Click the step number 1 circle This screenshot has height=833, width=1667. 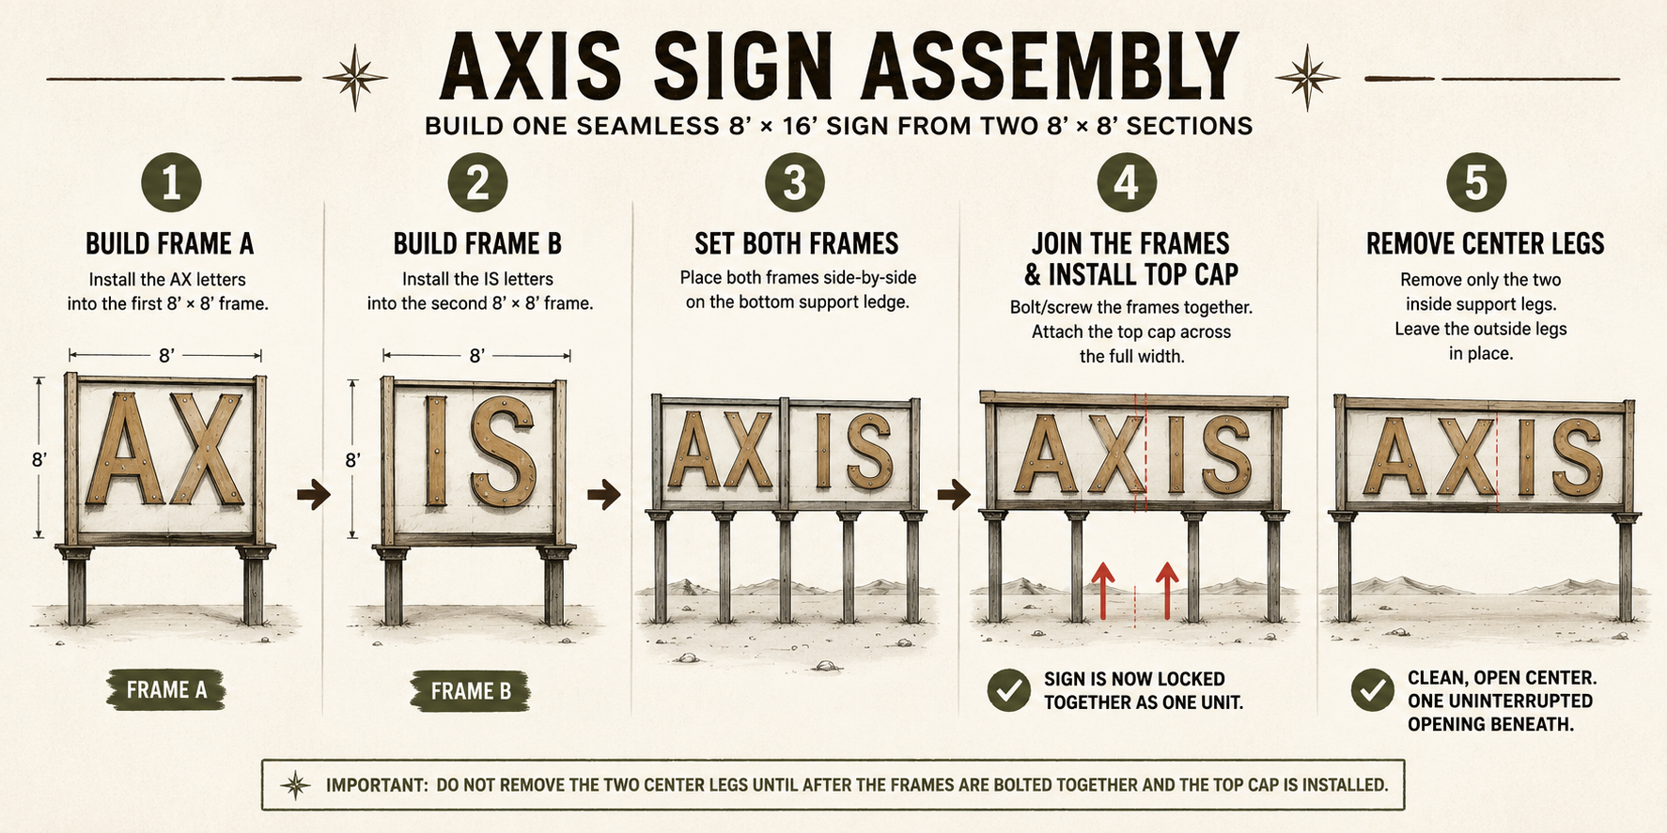coord(171,181)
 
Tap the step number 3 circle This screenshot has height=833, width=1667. coord(795,181)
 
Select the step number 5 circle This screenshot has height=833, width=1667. coord(1476,181)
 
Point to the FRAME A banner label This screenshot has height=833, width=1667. coord(166,690)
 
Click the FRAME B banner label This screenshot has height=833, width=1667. coord(471,691)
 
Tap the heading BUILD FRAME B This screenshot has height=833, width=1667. coord(477,244)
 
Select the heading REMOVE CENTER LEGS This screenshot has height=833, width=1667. coord(1485,244)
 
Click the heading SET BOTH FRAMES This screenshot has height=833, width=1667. coord(796,244)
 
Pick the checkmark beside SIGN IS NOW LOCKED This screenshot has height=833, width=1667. coord(1009,690)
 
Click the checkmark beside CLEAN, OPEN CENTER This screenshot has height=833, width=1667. coord(1372,690)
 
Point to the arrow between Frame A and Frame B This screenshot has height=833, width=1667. coord(314,494)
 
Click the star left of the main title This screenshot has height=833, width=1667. coord(355,77)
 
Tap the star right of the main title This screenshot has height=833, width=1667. coord(1307,77)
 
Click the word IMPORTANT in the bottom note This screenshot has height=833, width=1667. coord(376,785)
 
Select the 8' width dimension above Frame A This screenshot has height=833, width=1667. coord(165,355)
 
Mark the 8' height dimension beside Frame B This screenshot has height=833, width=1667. coord(352,458)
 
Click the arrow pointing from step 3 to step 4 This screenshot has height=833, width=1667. coord(954,494)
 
